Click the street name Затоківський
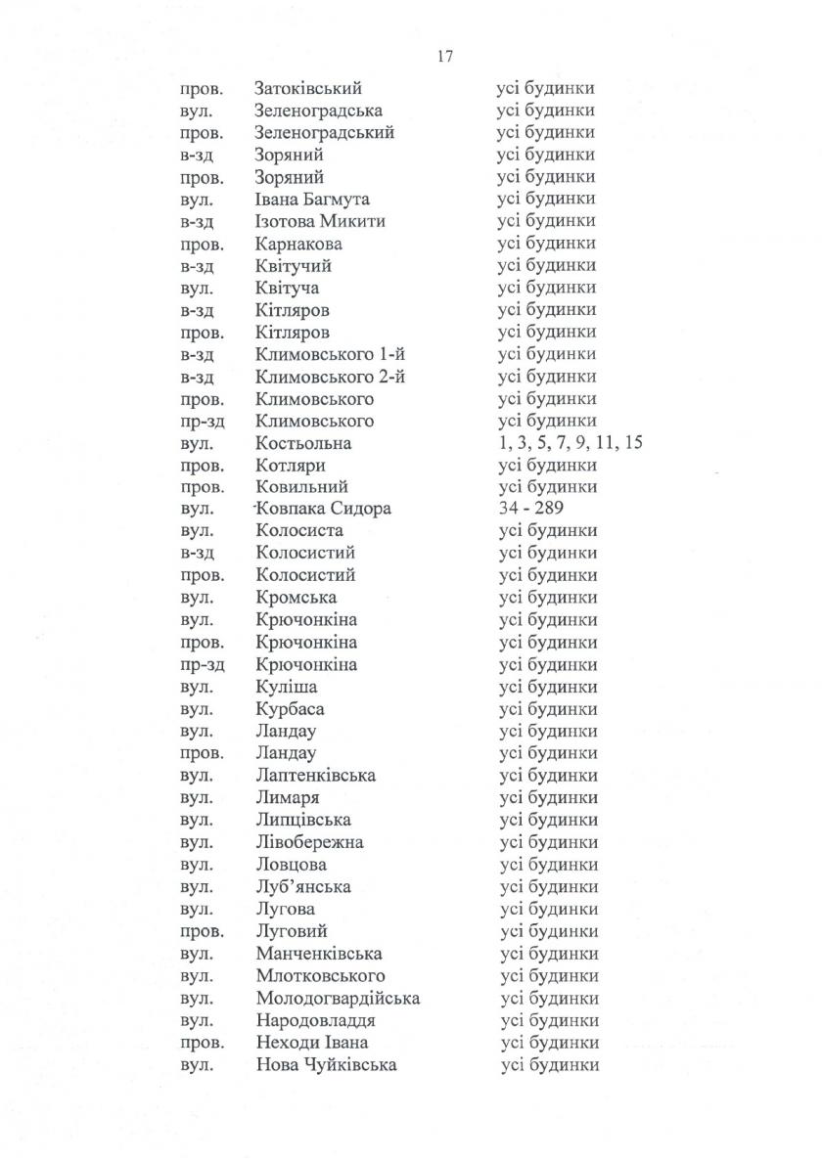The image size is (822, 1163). [308, 88]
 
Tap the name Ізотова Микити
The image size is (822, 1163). [320, 221]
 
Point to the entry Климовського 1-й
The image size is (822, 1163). [330, 354]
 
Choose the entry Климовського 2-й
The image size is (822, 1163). [330, 377]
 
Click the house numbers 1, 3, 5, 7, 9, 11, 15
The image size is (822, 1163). [570, 443]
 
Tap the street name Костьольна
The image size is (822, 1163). [303, 443]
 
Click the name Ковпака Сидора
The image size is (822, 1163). [323, 509]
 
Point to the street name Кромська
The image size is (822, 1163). [296, 598]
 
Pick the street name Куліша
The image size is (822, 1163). [286, 687]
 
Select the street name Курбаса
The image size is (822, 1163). [290, 709]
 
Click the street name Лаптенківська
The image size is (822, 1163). [315, 776]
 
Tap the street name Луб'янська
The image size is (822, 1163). [302, 887]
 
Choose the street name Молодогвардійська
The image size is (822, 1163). [338, 999]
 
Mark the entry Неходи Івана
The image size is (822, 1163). [311, 1043]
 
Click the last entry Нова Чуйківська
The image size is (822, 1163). [326, 1065]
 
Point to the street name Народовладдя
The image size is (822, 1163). [316, 1021]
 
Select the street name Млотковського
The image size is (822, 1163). [320, 976]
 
